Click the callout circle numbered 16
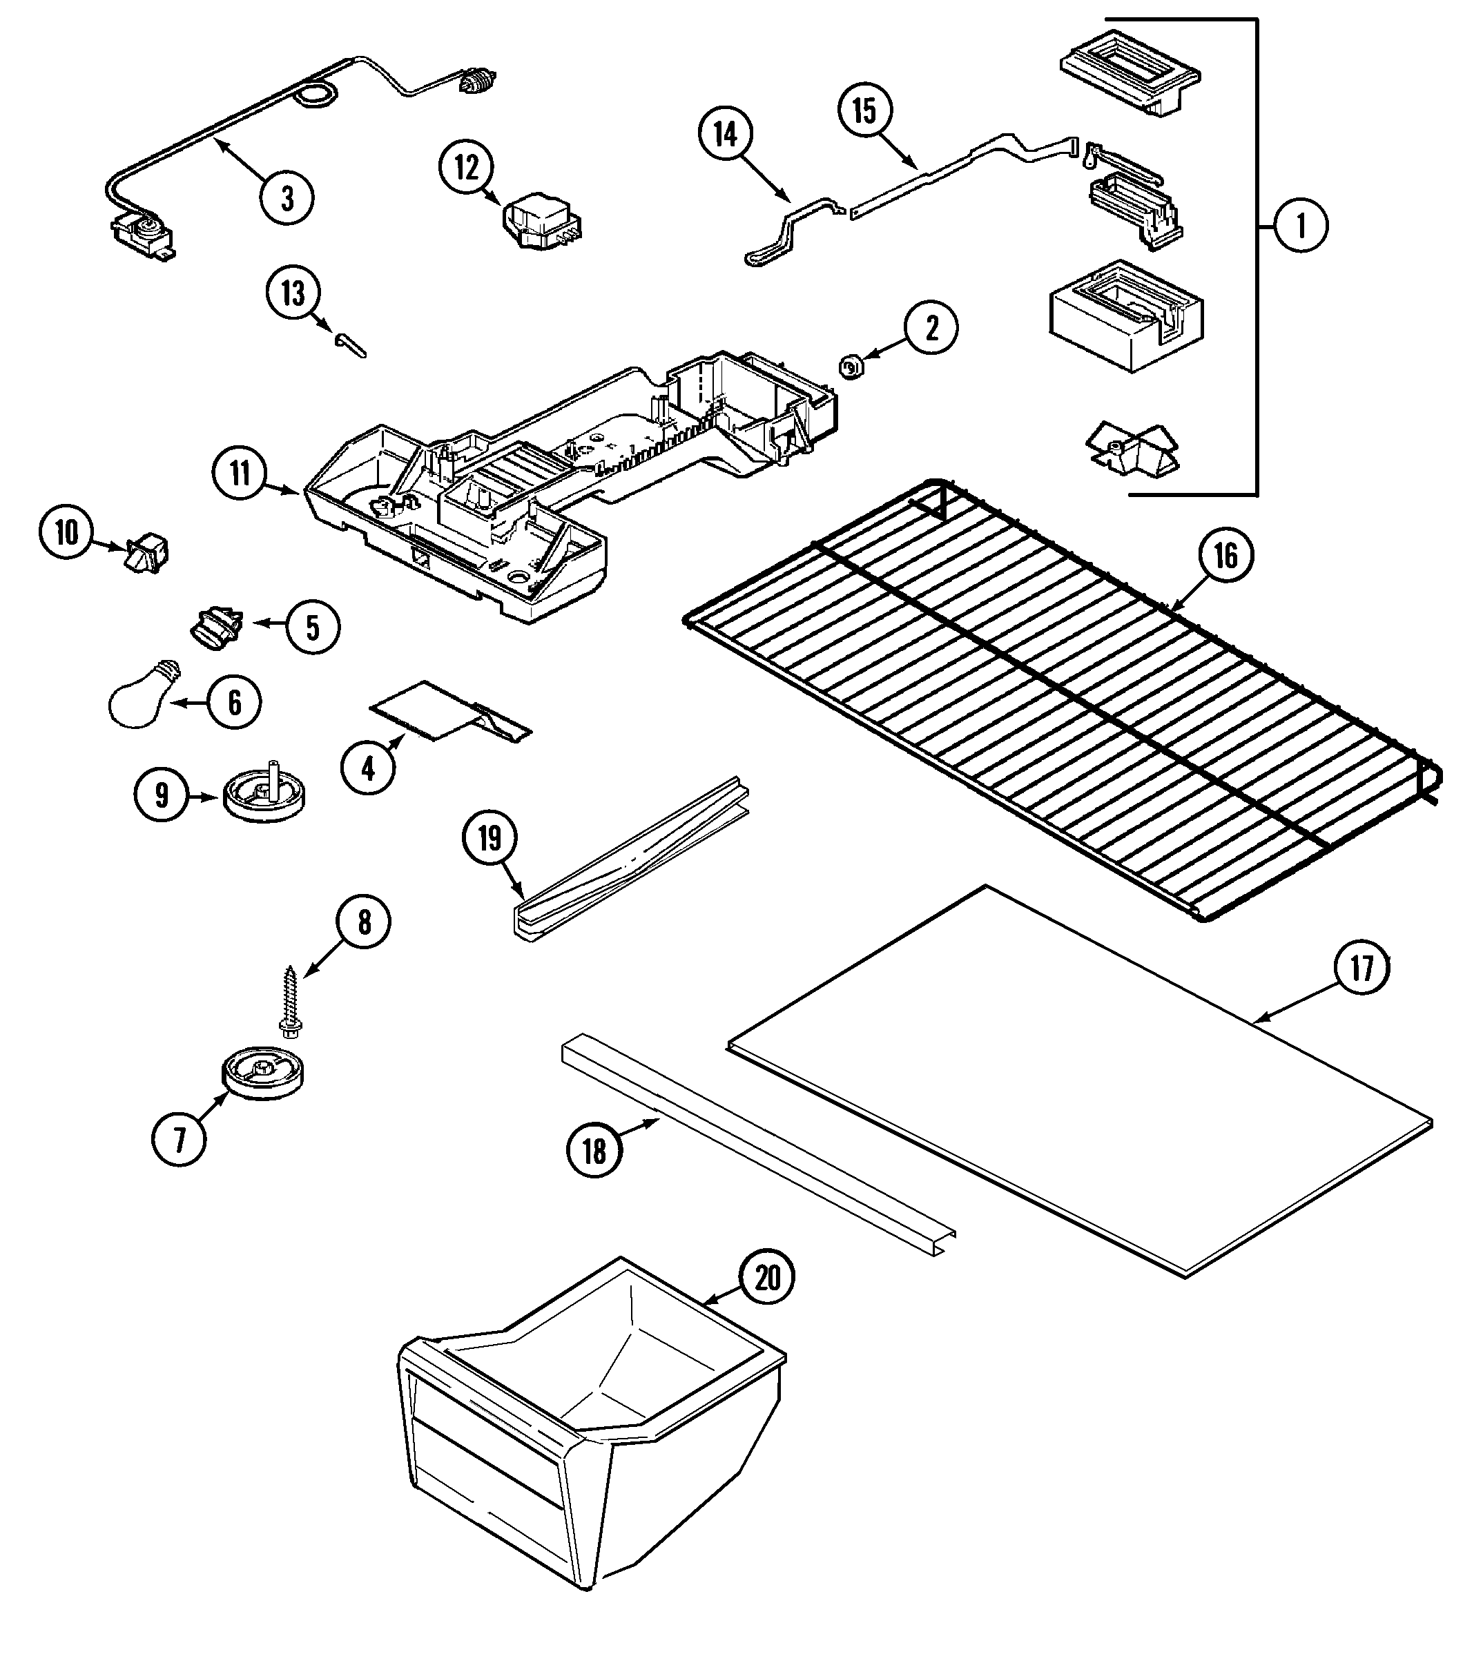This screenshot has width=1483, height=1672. click(1225, 556)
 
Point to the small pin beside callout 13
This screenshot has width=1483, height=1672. click(350, 344)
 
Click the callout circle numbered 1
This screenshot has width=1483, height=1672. click(1301, 225)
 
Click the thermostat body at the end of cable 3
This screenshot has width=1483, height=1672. click(141, 235)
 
